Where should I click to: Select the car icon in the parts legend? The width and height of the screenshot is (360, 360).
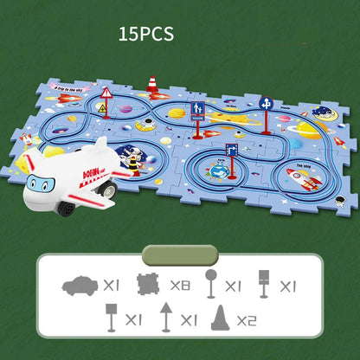[x=80, y=283]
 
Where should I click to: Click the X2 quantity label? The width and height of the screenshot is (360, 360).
[x=248, y=319]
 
